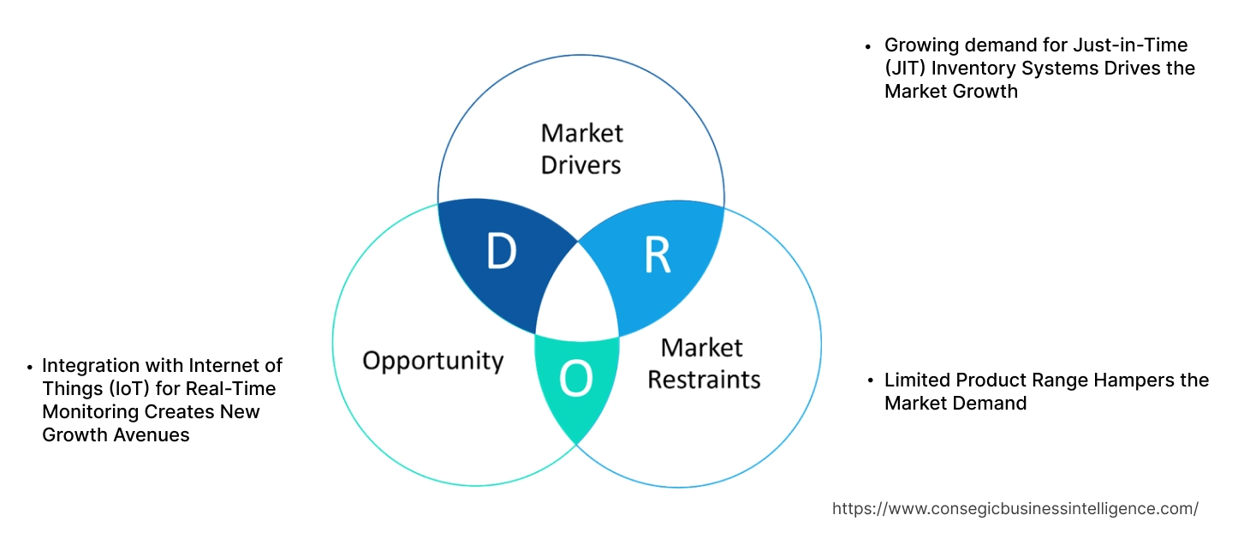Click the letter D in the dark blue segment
(501, 252)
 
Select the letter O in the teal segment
(575, 380)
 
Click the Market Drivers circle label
(581, 148)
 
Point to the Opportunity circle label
(432, 360)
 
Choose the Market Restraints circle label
(703, 363)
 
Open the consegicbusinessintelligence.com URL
(1015, 508)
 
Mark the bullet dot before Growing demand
(868, 45)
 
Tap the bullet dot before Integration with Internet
(30, 366)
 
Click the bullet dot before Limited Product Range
(868, 380)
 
